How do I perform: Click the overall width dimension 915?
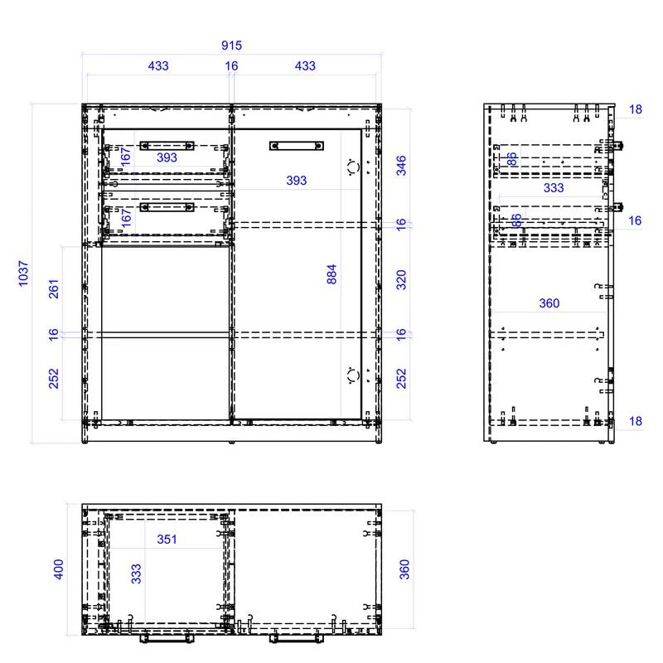click(232, 46)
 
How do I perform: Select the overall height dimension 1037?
click(23, 273)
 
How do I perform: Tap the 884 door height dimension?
click(332, 274)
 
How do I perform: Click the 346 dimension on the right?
click(402, 165)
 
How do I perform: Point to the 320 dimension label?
click(402, 279)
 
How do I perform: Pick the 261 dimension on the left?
click(54, 288)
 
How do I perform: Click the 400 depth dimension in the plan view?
click(59, 569)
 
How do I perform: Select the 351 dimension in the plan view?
click(167, 540)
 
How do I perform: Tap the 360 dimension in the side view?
click(549, 303)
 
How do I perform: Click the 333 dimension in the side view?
click(554, 188)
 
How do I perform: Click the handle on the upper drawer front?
click(167, 145)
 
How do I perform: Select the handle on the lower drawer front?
click(167, 206)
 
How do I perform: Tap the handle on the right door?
click(296, 146)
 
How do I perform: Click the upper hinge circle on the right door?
click(353, 167)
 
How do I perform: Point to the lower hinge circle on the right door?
click(353, 375)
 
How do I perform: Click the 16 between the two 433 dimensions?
click(231, 65)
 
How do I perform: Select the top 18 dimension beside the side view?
click(636, 109)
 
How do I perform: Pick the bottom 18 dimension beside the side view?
click(636, 421)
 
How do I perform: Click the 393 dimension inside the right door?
click(296, 181)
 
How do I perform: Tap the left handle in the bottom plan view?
click(167, 638)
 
